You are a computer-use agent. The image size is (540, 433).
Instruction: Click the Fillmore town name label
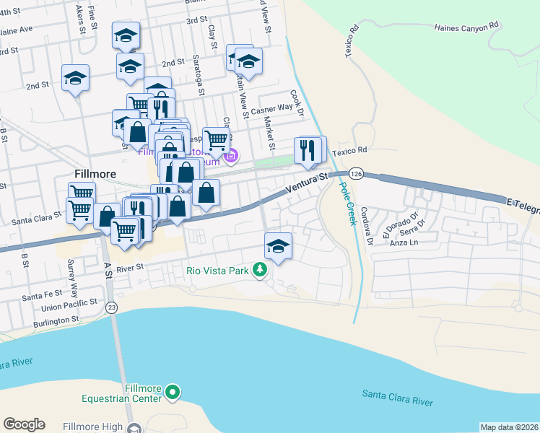pos(96,174)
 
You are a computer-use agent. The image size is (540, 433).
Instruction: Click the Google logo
pos(24,424)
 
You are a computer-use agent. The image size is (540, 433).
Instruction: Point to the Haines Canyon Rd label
pos(466,26)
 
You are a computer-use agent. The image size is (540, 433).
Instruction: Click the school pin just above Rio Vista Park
pos(278,245)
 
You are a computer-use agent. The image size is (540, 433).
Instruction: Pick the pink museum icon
pos(232,155)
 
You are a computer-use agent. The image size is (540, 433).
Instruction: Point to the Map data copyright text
pos(510,427)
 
